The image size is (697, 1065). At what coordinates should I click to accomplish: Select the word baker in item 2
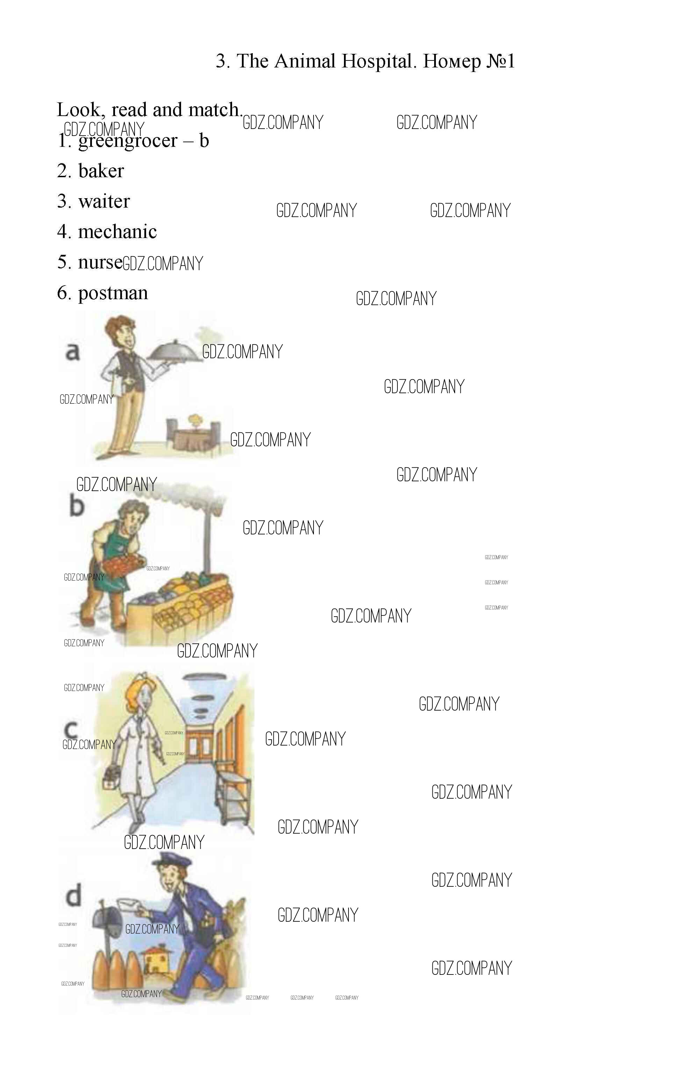point(101,171)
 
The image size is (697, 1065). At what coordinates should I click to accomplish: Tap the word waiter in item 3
point(104,201)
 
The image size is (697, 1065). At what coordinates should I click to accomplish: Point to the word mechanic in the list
point(117,231)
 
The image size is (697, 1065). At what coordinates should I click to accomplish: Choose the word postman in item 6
point(113,294)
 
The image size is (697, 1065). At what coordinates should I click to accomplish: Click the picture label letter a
point(72,351)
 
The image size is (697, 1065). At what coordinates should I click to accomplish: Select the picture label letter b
point(77,506)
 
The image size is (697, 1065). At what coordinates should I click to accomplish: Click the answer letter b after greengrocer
point(204,140)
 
